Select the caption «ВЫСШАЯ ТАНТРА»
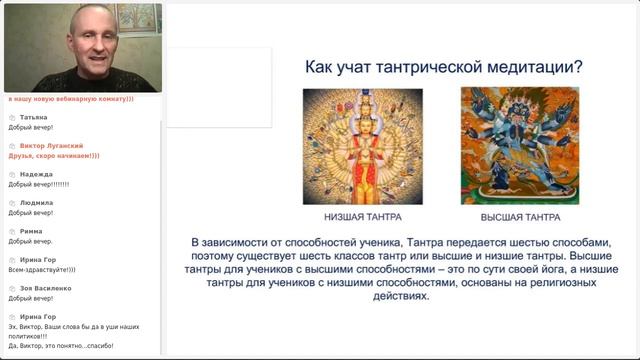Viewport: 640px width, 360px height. pyautogui.click(x=520, y=217)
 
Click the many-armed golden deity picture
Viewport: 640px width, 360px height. pyautogui.click(x=362, y=146)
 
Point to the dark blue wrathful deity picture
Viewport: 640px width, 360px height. pyautogui.click(x=520, y=146)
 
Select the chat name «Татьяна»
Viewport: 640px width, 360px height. pyautogui.click(x=34, y=117)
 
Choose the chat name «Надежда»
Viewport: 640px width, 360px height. pyautogui.click(x=36, y=174)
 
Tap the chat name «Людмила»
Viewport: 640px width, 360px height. pyautogui.click(x=37, y=203)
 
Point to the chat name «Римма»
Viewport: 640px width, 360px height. pyautogui.click(x=31, y=231)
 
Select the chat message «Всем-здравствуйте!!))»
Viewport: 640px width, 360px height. pyautogui.click(x=42, y=270)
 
